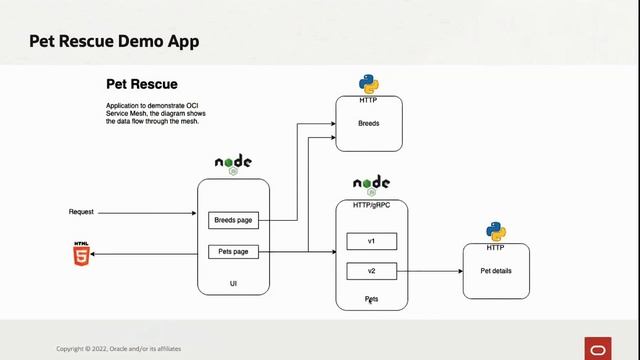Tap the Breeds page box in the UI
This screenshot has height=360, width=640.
(x=234, y=220)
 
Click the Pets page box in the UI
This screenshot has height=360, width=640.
(x=234, y=252)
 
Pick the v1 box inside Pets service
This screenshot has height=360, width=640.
(x=371, y=241)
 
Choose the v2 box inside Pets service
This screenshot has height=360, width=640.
(x=371, y=270)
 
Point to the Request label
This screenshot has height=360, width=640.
(x=81, y=212)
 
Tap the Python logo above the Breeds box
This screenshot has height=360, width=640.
(x=369, y=84)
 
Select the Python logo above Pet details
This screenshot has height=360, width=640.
(x=496, y=231)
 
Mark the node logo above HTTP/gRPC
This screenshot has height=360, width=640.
(x=371, y=185)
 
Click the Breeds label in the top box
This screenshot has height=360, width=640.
(x=368, y=125)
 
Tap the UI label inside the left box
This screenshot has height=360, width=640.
(x=233, y=285)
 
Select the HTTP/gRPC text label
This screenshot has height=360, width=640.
(x=371, y=206)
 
